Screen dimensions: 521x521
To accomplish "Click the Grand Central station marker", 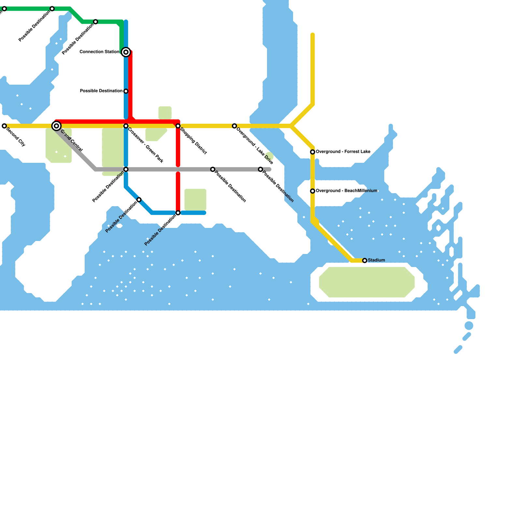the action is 56,126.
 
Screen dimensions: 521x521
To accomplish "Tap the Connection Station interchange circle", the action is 126,52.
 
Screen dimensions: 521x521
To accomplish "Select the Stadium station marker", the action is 365,260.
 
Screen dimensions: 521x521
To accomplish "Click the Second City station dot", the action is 4,126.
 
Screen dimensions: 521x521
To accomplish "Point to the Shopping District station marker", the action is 178,126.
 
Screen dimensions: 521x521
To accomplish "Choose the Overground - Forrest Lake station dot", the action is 313,152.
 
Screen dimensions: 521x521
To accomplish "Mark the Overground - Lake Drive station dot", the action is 234,126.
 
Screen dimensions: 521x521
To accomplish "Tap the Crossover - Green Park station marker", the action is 126,126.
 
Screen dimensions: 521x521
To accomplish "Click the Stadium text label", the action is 376,260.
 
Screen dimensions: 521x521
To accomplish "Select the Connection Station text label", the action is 99,52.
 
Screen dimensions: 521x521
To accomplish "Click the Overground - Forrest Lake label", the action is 343,152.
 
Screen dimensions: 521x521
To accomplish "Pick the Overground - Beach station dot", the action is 313,191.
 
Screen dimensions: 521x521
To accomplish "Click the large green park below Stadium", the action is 367,282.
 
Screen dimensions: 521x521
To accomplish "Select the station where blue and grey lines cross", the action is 126,169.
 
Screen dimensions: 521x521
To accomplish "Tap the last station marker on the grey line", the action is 260,169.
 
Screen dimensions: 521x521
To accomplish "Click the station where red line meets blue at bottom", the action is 178,213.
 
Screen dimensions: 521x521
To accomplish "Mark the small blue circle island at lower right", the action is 469,326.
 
